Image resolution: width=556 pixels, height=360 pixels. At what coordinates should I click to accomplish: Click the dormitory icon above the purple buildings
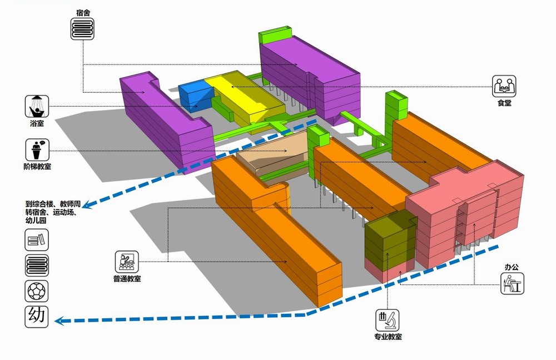tap(82, 28)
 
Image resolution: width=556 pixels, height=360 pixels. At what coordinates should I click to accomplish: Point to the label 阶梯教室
tap(38, 167)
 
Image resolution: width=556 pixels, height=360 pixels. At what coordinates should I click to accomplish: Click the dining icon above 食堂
tap(504, 86)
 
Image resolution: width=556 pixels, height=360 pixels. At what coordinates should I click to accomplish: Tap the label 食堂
tap(504, 103)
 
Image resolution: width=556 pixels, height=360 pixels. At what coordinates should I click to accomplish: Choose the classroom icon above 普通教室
tap(127, 262)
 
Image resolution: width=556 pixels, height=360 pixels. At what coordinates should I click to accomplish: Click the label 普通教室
tap(127, 278)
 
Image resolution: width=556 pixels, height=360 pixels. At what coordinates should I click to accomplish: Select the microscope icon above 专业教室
tap(388, 321)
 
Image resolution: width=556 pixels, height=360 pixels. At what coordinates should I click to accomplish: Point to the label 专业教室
tap(388, 337)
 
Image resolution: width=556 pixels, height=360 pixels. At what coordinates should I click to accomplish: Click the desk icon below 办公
tap(512, 284)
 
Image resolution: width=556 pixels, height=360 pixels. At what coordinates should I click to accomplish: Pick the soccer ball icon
tap(37, 290)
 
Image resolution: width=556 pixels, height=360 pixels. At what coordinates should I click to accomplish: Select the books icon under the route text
tap(37, 241)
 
